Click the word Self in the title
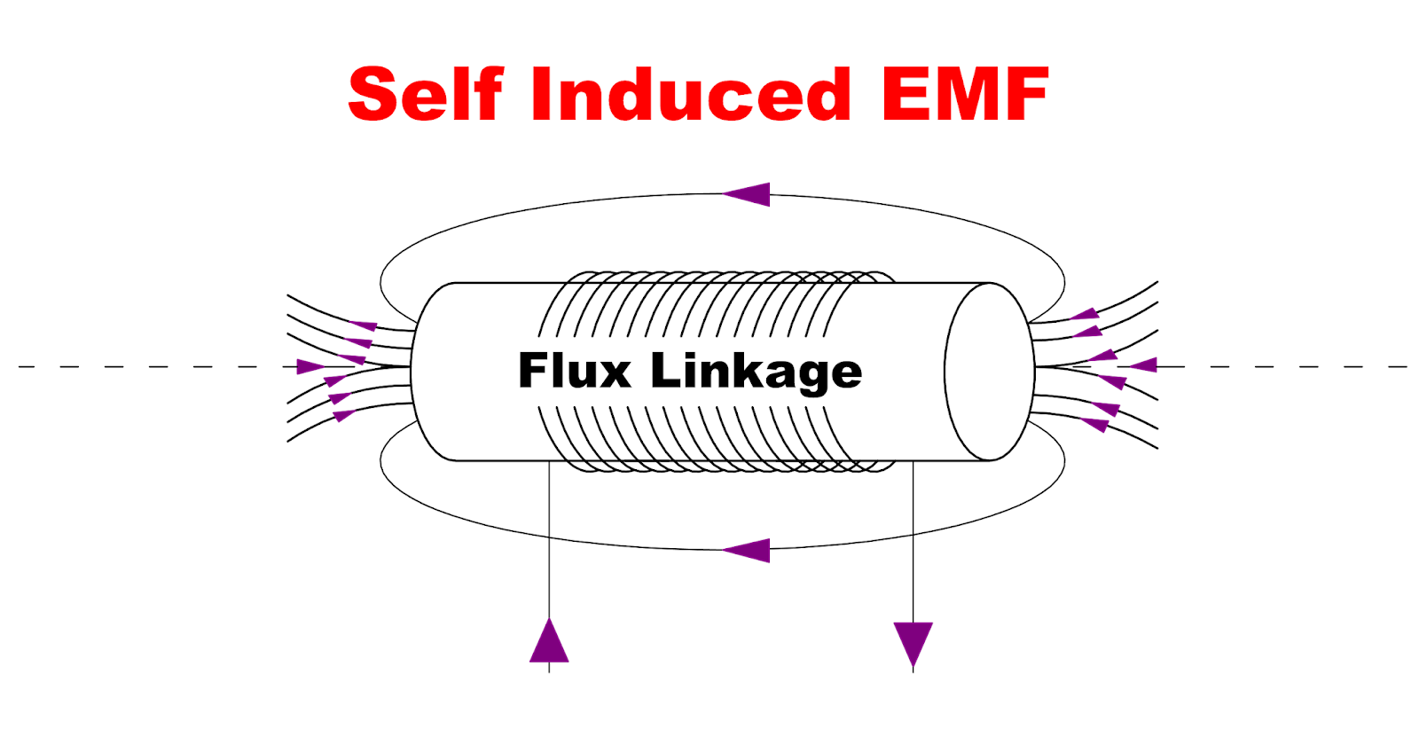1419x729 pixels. click(x=426, y=94)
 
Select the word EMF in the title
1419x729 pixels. click(x=965, y=94)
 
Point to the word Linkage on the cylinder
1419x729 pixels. click(x=757, y=372)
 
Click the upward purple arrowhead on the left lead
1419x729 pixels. click(x=549, y=641)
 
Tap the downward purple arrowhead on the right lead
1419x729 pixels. click(x=913, y=643)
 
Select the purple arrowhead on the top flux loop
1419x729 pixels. click(x=748, y=194)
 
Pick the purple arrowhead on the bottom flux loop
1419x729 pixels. click(x=748, y=550)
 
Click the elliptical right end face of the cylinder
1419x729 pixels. click(x=989, y=372)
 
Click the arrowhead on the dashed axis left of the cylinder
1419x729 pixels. click(x=310, y=366)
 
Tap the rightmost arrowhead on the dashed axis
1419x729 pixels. click(x=1144, y=364)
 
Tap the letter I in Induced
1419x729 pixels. click(x=542, y=94)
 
